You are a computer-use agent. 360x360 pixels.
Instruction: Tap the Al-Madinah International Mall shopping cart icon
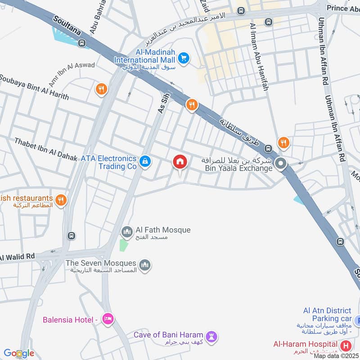[x=183, y=58]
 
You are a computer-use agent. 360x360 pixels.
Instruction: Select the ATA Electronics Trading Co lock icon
[x=144, y=161]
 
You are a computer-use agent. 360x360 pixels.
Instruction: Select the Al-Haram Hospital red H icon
[x=346, y=346]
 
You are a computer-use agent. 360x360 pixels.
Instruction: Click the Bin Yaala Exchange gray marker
[x=281, y=164]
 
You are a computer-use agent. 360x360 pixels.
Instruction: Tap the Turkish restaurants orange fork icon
[x=61, y=200]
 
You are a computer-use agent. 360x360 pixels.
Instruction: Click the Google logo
[x=19, y=353]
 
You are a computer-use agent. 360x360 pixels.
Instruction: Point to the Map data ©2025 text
[x=336, y=356]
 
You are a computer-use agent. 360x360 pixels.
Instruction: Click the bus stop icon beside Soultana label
[x=81, y=43]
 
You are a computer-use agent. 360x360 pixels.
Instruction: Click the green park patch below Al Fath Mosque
[x=123, y=245]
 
